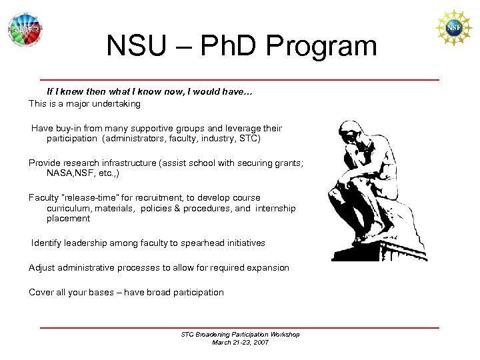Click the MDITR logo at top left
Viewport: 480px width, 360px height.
25,30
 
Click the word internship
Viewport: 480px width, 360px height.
275,208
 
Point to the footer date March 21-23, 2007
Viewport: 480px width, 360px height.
241,342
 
